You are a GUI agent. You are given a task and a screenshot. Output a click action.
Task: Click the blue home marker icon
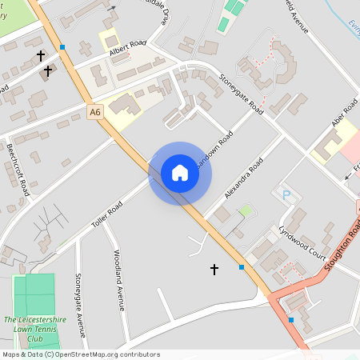pos(180,172)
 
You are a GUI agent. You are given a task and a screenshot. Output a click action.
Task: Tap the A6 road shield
pos(95,114)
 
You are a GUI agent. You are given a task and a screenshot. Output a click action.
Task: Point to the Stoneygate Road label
pos(241,94)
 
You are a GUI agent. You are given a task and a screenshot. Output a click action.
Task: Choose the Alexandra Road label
pos(245,178)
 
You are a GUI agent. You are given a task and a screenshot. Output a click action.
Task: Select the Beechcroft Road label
pos(18,170)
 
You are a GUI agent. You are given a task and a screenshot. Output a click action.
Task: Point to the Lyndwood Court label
pos(302,242)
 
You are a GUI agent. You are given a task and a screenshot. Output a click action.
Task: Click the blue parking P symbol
pos(284,194)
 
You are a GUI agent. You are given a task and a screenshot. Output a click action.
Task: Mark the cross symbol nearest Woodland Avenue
pos(214,270)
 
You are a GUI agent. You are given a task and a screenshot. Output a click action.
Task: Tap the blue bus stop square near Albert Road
pos(62,47)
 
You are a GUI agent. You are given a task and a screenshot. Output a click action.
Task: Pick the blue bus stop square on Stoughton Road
pos(291,320)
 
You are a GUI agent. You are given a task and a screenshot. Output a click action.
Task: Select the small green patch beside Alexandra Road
pos(246,210)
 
